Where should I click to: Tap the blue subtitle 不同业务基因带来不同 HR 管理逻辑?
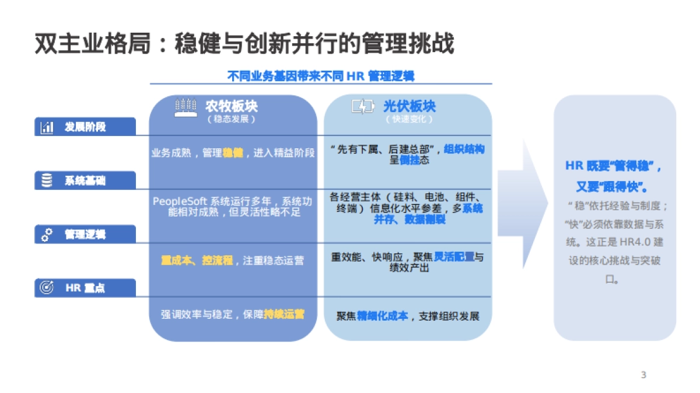tap(320, 76)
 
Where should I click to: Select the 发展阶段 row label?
tap(85, 127)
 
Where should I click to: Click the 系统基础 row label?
tap(85, 181)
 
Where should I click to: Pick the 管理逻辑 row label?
tap(85, 235)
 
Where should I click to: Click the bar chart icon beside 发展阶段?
tap(47, 127)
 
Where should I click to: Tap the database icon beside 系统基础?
tap(47, 181)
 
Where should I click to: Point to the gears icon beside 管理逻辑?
tap(47, 235)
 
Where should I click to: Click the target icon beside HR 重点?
tap(47, 288)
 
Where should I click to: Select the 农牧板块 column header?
tap(231, 106)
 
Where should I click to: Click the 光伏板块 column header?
tap(409, 106)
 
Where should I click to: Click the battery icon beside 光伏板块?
tap(362, 107)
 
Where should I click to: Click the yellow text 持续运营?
tap(284, 314)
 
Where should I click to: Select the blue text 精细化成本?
tap(383, 316)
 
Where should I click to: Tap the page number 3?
tap(643, 375)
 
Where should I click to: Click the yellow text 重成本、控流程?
tap(197, 260)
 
